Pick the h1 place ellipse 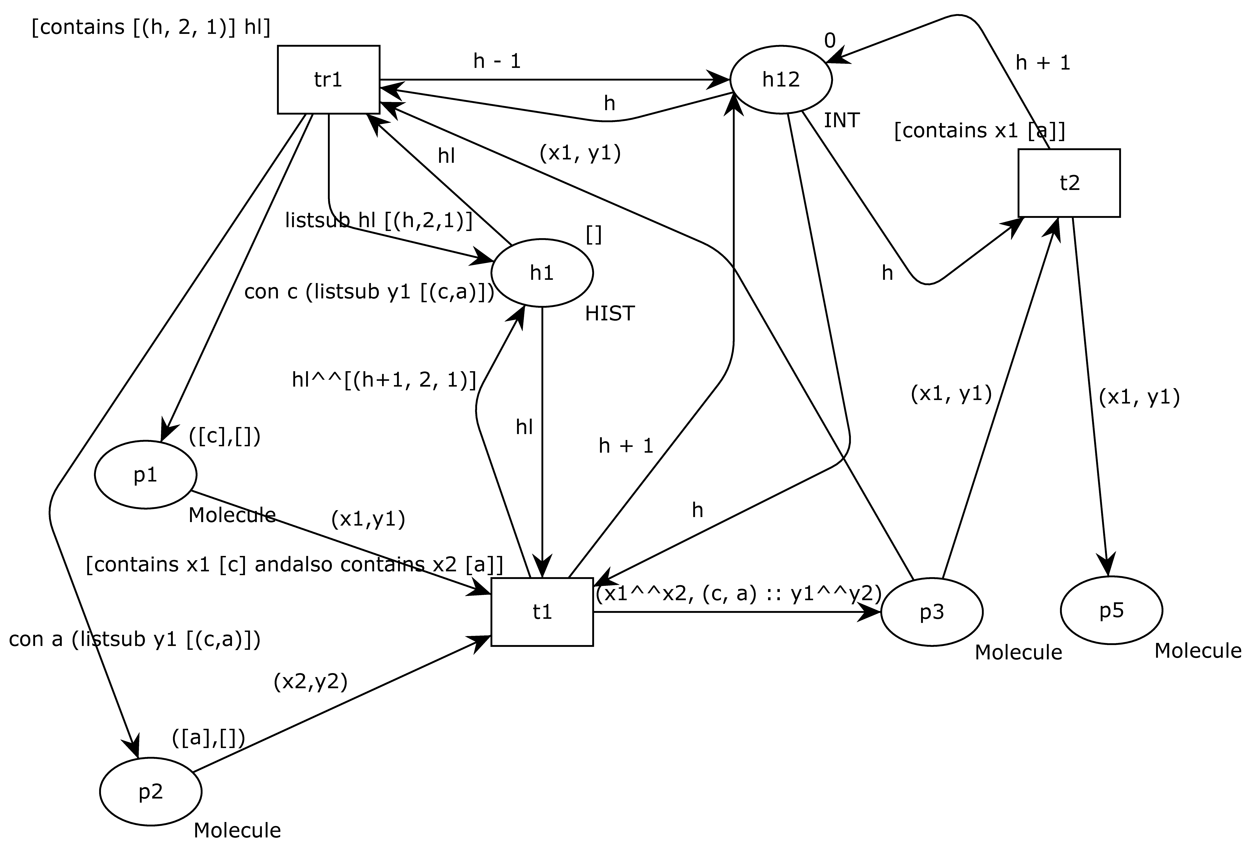click(x=542, y=273)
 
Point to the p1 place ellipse click(x=145, y=475)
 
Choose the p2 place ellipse click(x=151, y=792)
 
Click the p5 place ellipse click(x=1111, y=610)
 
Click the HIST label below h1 click(x=610, y=314)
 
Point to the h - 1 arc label click(x=497, y=61)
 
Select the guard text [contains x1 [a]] click(x=979, y=131)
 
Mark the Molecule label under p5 click(x=1197, y=651)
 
